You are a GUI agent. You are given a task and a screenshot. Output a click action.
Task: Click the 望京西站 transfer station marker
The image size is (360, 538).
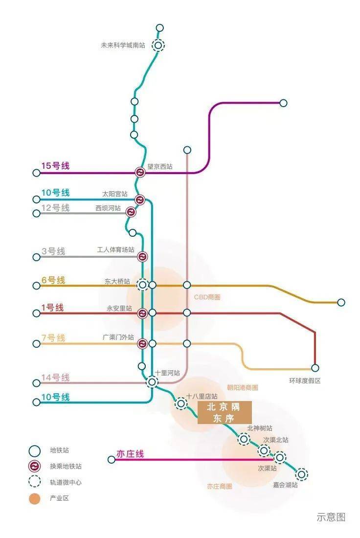(x=140, y=172)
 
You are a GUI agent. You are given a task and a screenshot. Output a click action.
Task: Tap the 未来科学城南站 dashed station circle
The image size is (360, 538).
(x=158, y=45)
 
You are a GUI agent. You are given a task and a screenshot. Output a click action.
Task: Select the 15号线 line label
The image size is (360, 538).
(x=55, y=166)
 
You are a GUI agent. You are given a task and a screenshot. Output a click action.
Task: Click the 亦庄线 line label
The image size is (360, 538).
(x=130, y=454)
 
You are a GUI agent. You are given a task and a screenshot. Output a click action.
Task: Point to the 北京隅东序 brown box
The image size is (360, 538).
(x=225, y=412)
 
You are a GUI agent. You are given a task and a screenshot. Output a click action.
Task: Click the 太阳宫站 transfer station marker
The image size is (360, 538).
(x=140, y=200)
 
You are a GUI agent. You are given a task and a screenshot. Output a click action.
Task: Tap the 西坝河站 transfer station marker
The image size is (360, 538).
(x=131, y=212)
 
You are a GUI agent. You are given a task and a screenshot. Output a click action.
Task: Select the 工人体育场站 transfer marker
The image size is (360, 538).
(x=142, y=256)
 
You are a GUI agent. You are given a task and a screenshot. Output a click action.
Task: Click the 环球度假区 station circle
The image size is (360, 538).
(x=315, y=368)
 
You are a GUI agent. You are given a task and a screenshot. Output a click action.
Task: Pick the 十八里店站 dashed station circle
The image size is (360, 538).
(x=181, y=403)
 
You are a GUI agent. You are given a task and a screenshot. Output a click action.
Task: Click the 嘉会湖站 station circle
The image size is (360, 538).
(x=301, y=474)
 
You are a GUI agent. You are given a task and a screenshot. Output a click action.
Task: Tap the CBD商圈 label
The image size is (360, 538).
(x=207, y=297)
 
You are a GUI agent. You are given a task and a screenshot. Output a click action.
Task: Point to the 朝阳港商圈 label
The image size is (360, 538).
(x=242, y=387)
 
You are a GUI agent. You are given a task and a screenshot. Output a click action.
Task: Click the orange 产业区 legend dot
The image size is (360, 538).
(x=35, y=498)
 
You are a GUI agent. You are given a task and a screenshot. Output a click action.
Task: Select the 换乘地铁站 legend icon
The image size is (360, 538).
(x=35, y=466)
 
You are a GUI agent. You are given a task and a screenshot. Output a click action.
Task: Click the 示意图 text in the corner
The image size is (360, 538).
(x=331, y=517)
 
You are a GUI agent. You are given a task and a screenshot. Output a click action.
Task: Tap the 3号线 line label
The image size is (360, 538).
(x=53, y=251)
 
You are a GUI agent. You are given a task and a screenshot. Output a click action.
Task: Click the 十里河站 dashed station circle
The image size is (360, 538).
(x=152, y=381)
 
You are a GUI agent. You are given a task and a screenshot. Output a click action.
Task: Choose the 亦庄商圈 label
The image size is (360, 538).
(x=219, y=486)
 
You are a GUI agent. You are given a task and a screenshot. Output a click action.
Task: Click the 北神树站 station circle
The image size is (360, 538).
(x=244, y=439)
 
